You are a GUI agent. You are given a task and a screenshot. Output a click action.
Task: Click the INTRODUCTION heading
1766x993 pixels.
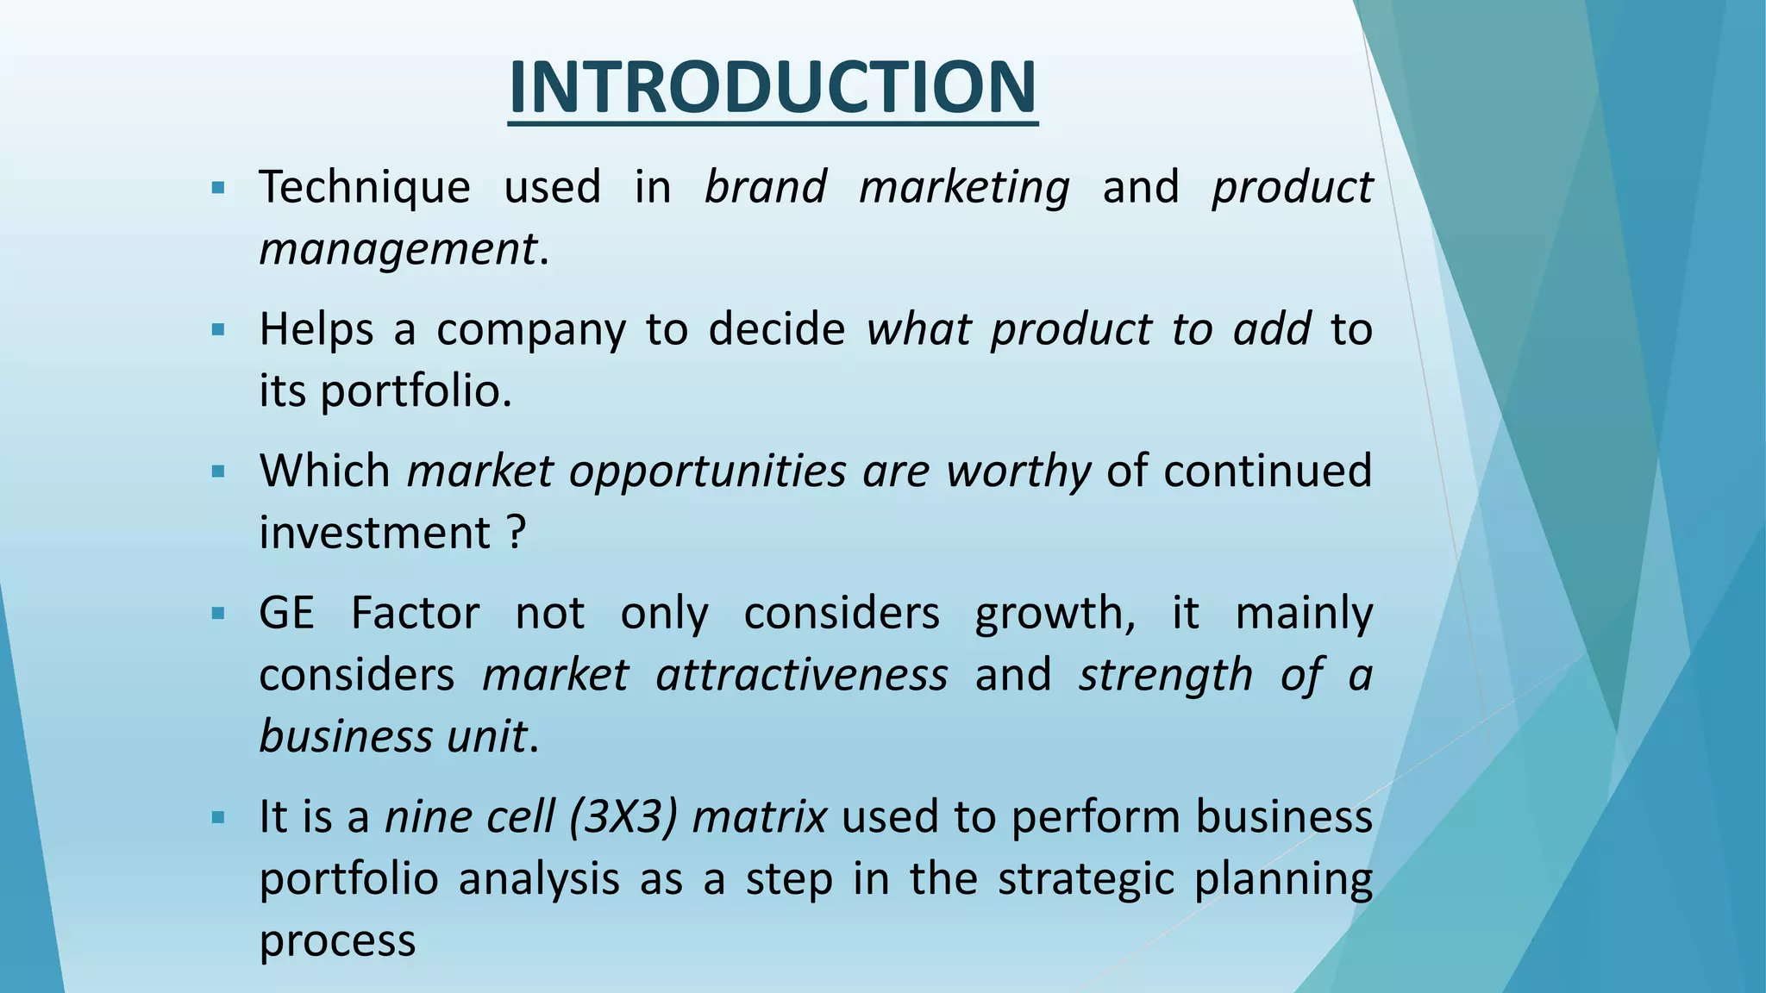coord(773,88)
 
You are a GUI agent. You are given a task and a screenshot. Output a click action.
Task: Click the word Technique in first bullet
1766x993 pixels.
coord(364,188)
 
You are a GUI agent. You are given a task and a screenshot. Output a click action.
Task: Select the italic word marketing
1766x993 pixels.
coord(964,188)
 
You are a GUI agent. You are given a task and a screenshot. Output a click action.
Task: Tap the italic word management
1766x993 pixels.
coord(398,250)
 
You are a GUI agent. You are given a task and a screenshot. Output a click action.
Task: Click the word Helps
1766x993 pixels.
coord(316,330)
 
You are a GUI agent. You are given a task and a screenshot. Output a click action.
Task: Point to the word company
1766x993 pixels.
coord(530,330)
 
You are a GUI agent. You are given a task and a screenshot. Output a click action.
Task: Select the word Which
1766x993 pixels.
coord(325,472)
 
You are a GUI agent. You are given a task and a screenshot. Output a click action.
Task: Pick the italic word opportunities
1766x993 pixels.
coord(707,472)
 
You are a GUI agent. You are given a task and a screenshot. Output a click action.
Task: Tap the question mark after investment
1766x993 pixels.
coord(516,533)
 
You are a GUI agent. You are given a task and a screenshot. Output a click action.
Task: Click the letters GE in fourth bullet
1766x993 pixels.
coord(286,614)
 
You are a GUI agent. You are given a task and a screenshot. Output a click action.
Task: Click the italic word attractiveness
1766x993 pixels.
coord(801,675)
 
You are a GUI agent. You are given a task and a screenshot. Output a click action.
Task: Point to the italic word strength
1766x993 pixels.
coord(1165,675)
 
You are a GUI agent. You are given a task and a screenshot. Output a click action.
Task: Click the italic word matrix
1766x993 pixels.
coord(759,817)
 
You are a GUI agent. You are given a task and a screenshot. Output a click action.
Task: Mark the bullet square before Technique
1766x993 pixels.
coord(217,188)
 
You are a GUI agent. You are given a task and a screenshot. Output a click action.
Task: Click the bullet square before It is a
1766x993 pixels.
coord(217,817)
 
